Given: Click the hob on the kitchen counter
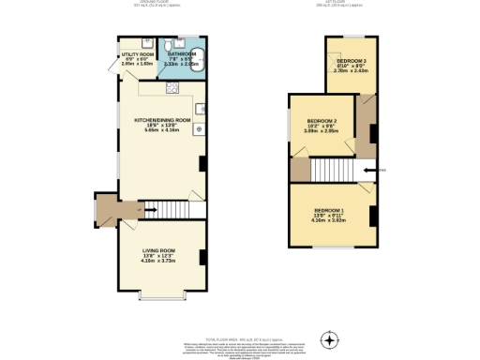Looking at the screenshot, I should (x=172, y=88).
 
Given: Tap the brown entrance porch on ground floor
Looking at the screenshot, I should (x=105, y=209).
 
